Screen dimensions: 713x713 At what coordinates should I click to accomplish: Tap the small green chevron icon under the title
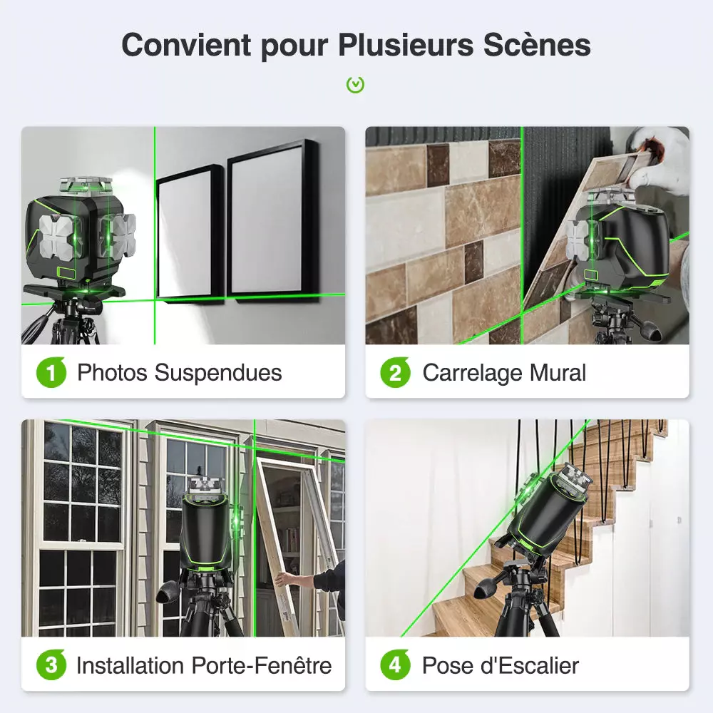point(355,85)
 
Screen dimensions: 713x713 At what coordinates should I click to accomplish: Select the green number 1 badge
point(51,372)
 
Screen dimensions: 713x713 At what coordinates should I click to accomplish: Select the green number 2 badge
point(395,372)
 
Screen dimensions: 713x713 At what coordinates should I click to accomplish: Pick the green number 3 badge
point(51,666)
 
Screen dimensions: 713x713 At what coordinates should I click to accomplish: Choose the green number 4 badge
point(395,666)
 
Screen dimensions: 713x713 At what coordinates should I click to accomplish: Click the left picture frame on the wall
point(190,232)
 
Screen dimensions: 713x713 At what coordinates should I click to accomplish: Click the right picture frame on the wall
point(272,221)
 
